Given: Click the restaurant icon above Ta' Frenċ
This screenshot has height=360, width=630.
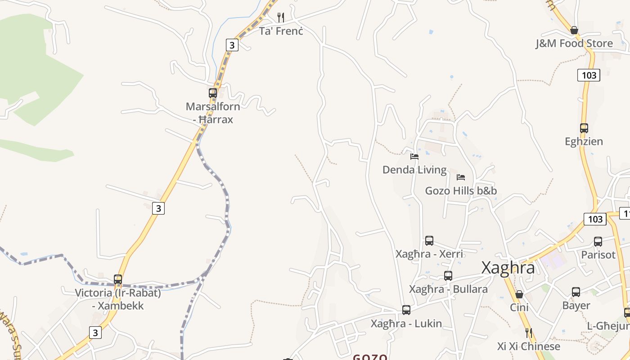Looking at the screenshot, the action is (x=281, y=18).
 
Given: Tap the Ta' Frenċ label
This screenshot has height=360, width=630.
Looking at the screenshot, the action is (x=281, y=31).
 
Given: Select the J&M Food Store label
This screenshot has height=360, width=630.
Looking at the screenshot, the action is (x=574, y=44).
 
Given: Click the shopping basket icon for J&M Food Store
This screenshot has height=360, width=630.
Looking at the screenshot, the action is (x=574, y=30).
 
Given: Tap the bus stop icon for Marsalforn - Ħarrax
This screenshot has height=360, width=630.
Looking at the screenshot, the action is (x=213, y=93).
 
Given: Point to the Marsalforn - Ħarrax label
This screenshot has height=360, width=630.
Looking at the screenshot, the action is (x=213, y=113).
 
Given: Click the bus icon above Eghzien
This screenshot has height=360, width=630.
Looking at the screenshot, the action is (x=584, y=128).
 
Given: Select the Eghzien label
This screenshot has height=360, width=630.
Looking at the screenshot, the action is (x=584, y=142).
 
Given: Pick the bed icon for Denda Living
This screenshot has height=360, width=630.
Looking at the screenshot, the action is (x=414, y=157).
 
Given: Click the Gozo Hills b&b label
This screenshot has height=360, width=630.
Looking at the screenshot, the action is (x=461, y=191).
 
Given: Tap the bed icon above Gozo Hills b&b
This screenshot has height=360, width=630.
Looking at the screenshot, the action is (x=461, y=177).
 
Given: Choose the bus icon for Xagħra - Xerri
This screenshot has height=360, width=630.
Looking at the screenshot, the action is (x=429, y=241).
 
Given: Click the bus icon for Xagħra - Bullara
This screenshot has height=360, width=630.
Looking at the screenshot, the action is (x=448, y=276).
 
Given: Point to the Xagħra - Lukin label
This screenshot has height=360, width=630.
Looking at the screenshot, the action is (x=406, y=324).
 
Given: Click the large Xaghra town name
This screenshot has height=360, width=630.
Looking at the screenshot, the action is (x=508, y=268).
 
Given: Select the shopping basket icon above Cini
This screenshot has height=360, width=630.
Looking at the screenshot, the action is (x=519, y=294).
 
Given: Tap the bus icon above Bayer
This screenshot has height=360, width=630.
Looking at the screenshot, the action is (x=576, y=292).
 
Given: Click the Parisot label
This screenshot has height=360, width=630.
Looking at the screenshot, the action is (x=598, y=255).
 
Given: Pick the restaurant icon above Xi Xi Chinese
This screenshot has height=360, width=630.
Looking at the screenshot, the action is (x=529, y=333).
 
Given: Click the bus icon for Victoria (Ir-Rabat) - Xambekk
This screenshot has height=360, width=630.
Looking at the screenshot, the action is (x=118, y=279).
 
